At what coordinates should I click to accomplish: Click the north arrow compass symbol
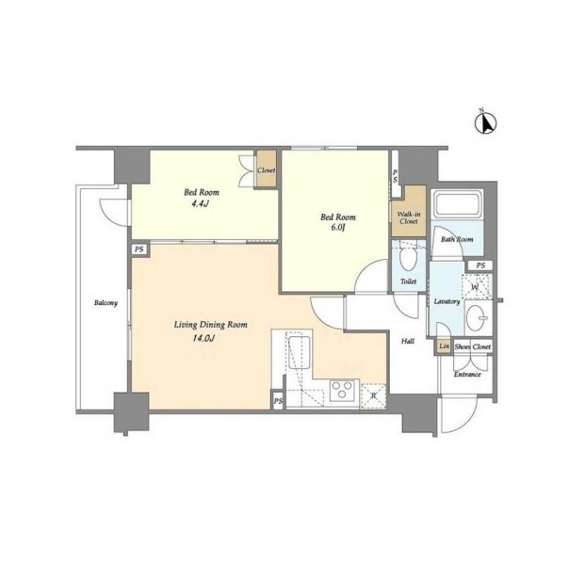click(485, 122)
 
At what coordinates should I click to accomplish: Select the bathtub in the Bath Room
click(457, 204)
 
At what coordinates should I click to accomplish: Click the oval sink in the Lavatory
click(479, 318)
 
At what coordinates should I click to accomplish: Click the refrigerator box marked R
click(373, 396)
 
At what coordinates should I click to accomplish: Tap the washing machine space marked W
click(477, 286)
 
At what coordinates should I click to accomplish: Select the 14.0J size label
click(203, 339)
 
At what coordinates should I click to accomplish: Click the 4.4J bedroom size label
click(200, 204)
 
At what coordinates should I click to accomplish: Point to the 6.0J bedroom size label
click(337, 228)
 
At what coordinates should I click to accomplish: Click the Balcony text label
click(106, 303)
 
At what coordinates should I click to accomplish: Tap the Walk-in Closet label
click(409, 217)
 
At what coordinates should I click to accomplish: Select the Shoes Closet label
click(472, 346)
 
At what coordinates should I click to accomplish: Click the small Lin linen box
click(444, 346)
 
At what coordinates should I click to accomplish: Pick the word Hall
click(408, 341)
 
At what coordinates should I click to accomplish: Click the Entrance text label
click(467, 375)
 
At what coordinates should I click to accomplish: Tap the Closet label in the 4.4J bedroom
click(266, 170)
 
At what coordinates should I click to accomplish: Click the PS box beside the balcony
click(139, 249)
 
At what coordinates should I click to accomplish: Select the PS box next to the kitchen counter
click(278, 401)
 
